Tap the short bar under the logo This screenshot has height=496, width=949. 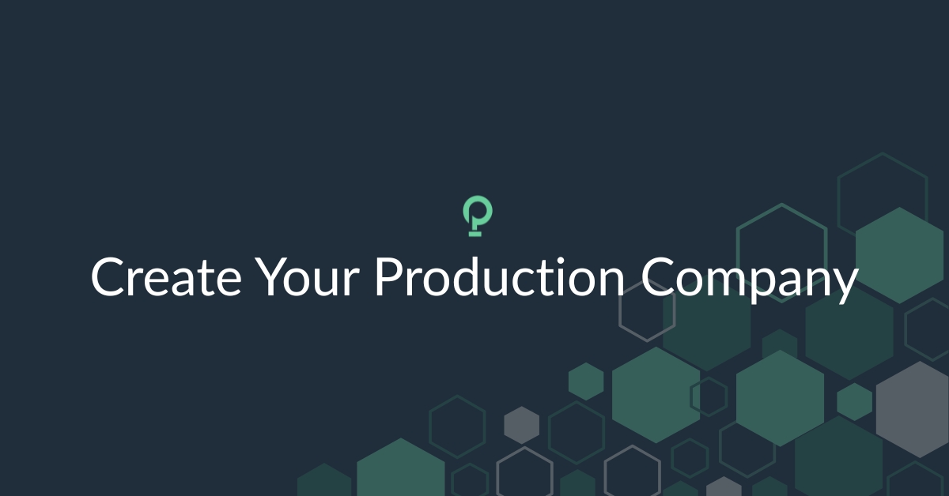pyautogui.click(x=475, y=235)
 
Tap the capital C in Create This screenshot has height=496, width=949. pyautogui.click(x=108, y=278)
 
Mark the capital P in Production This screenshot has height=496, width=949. pyautogui.click(x=388, y=278)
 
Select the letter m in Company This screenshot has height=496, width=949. pyautogui.click(x=714, y=281)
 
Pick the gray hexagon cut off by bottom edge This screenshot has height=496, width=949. pyautogui.click(x=724, y=488)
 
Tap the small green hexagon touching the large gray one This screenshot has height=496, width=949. pyautogui.click(x=854, y=401)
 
